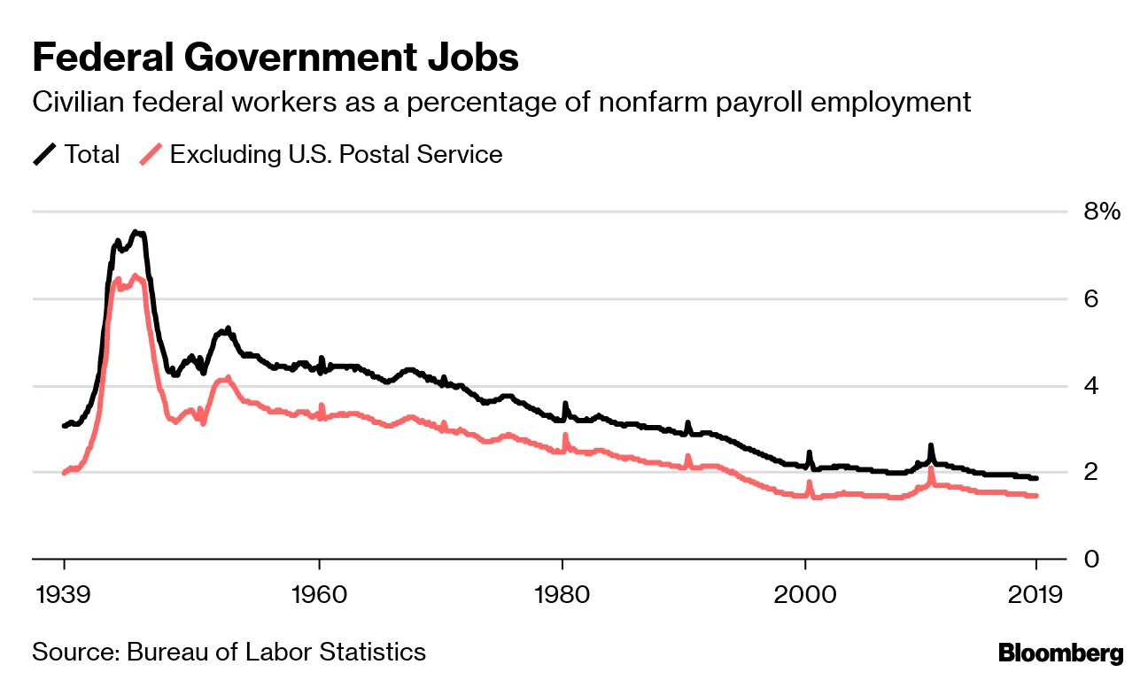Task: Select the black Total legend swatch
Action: pos(45,155)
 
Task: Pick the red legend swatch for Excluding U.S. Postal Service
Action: pos(151,155)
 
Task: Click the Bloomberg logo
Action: pos(1060,654)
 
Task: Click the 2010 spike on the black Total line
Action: pos(931,446)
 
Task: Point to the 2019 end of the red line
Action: pos(1036,496)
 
